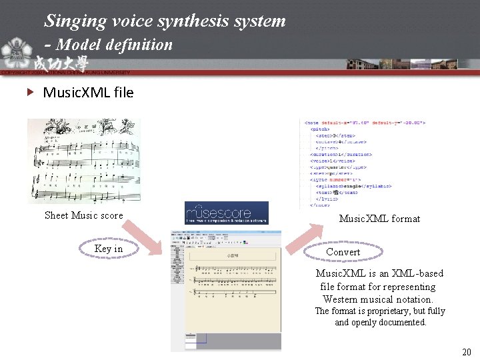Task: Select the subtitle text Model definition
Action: click(x=115, y=45)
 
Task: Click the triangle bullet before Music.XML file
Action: click(x=30, y=92)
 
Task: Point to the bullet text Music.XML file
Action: click(x=88, y=92)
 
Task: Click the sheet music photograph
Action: click(x=84, y=160)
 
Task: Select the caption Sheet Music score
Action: click(x=84, y=215)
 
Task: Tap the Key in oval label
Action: click(x=109, y=249)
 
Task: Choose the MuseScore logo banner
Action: click(x=226, y=213)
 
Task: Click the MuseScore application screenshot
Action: click(x=226, y=290)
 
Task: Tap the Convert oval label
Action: click(x=343, y=252)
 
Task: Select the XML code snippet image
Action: click(x=364, y=163)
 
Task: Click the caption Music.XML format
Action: click(x=379, y=218)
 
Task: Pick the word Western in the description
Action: click(x=341, y=299)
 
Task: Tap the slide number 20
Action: click(x=466, y=351)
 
